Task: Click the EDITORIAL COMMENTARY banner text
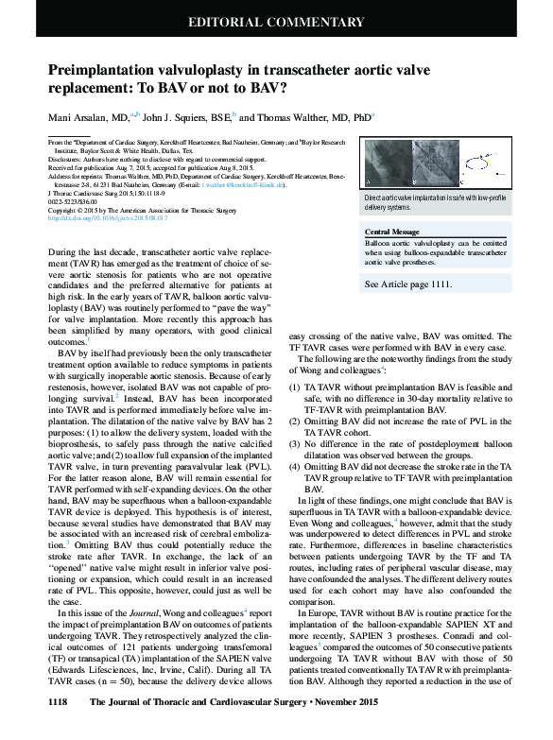(x=276, y=22)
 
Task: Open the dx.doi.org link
(x=107, y=218)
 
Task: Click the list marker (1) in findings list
(x=295, y=387)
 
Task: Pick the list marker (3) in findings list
(x=295, y=442)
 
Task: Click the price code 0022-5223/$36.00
(x=75, y=201)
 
